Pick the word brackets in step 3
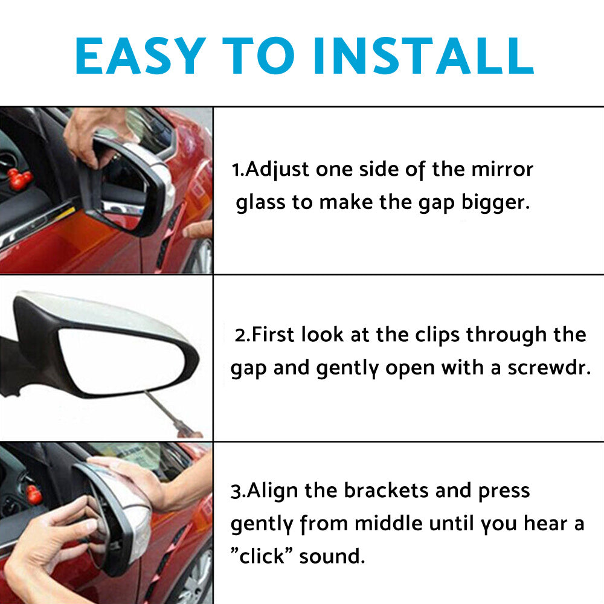point(387,490)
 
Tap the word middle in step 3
point(390,523)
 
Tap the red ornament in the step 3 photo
point(34,494)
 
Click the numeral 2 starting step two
point(240,335)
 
